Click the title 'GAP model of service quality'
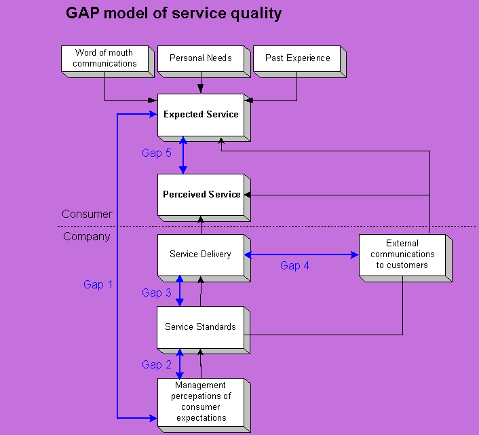click(174, 14)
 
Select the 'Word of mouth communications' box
click(104, 58)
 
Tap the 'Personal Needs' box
click(201, 58)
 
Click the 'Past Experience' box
click(297, 58)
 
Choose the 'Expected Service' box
click(201, 115)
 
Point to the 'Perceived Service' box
click(201, 195)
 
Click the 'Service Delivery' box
click(201, 255)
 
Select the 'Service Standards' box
click(201, 327)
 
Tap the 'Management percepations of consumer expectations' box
click(201, 402)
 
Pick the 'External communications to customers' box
click(402, 254)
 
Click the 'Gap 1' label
click(98, 285)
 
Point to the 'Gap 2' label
click(156, 365)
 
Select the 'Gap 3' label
click(156, 293)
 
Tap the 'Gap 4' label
click(294, 266)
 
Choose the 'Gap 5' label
click(156, 153)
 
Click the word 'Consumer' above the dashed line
click(87, 214)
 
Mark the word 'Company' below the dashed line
click(87, 237)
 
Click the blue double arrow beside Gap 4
click(301, 255)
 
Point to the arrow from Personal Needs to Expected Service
click(201, 83)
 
